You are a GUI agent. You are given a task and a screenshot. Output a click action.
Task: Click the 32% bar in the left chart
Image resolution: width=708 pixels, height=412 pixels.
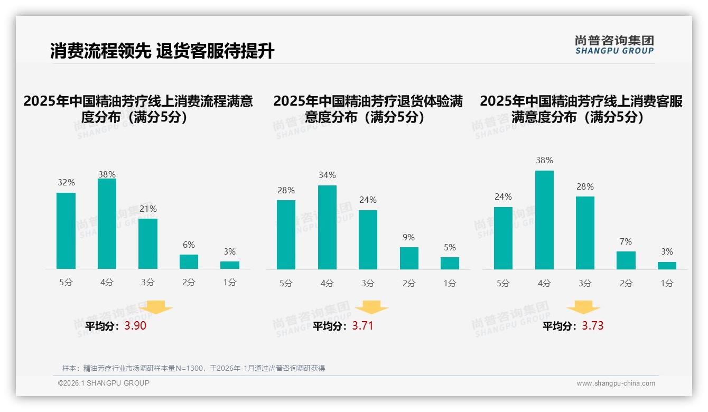point(66,231)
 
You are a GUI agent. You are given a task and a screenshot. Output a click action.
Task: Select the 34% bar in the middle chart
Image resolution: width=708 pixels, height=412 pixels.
point(327,227)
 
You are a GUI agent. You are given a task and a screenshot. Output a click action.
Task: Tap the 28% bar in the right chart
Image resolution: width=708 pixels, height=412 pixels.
point(585,233)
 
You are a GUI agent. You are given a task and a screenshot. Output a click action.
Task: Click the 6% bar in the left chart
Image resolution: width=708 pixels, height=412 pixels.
point(189,261)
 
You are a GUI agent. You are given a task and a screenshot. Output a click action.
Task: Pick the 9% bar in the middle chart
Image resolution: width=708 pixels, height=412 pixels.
point(409,258)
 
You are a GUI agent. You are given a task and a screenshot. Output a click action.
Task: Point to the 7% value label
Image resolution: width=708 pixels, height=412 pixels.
point(626,242)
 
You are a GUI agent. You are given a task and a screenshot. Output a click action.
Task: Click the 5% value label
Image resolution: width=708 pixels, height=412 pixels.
point(450,247)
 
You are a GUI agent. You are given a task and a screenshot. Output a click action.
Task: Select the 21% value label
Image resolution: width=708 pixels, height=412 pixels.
point(148,209)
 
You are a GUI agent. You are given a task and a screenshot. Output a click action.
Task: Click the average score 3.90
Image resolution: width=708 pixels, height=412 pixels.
point(135,326)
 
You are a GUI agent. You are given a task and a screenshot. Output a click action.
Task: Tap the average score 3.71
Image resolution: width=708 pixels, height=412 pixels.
point(362,326)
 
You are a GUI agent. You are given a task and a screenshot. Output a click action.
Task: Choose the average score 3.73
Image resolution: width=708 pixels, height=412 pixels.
point(592,326)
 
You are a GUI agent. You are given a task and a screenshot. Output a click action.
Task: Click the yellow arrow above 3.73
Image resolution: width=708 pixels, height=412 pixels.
point(583,308)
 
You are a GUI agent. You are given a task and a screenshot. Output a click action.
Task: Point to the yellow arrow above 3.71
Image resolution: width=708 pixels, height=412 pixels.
point(371,308)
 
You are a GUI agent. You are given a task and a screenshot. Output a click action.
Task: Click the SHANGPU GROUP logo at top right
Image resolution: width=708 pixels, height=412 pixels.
point(614,45)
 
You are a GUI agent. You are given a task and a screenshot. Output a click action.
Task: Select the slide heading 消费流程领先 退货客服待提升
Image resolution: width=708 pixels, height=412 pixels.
point(162,51)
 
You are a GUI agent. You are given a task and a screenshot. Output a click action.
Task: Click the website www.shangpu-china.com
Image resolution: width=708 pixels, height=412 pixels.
point(616,383)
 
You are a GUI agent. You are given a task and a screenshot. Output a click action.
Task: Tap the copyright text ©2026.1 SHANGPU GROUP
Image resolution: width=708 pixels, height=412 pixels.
point(104,383)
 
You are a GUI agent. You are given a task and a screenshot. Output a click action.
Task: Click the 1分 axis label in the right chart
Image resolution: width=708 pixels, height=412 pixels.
point(667,283)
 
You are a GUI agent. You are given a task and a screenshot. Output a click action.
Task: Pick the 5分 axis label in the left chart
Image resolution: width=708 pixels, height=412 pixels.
point(66,283)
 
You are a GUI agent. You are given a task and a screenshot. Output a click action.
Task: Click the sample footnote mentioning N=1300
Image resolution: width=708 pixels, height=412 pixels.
point(193,368)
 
